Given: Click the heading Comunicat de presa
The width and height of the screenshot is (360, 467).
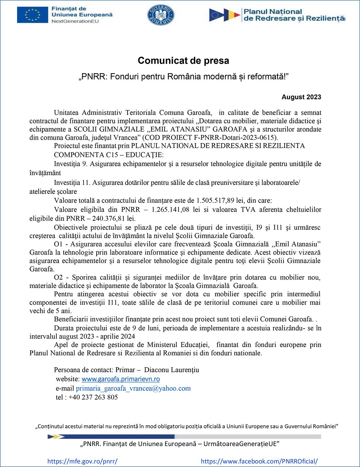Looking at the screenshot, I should tap(183, 61).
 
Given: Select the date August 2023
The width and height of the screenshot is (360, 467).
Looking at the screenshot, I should tap(301, 97).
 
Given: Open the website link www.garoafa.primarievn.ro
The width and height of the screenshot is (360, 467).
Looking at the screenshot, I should tap(121, 379).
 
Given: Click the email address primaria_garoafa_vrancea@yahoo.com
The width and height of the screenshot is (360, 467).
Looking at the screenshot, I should tap(133, 388).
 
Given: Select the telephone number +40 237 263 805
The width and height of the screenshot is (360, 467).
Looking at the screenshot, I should tap(93, 397).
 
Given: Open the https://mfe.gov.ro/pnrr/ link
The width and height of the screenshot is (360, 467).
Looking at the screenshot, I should tap(82, 461).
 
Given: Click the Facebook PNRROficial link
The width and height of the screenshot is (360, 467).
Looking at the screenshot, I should tap(259, 461).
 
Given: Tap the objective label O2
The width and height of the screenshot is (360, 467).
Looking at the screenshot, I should tap(58, 277).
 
